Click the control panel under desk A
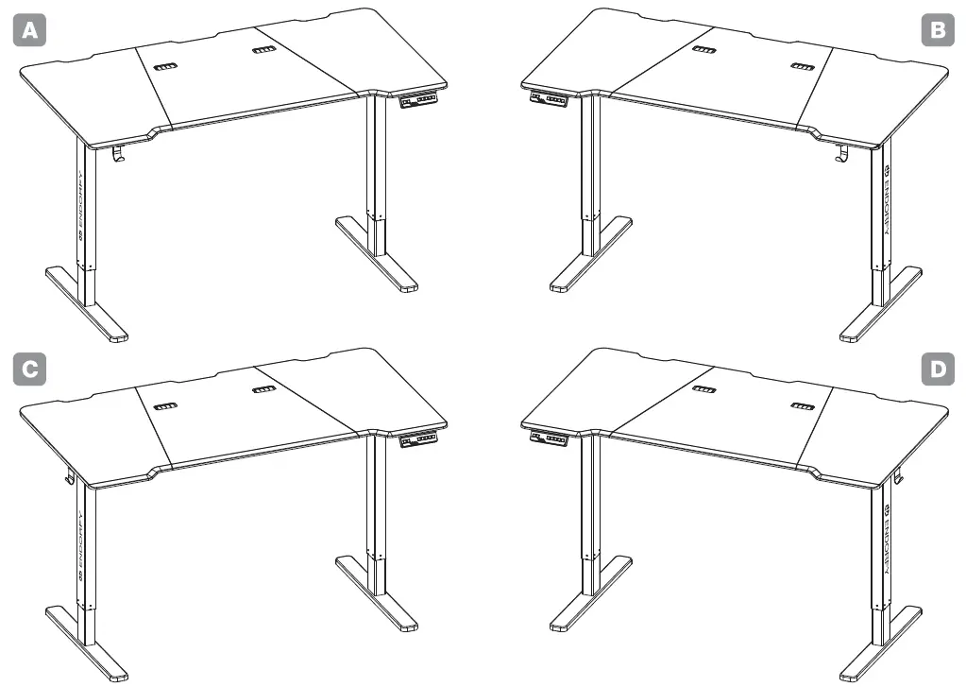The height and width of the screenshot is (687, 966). pos(420,99)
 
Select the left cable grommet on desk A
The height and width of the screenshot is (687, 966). pos(166,67)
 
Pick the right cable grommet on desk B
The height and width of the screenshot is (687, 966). pos(802,68)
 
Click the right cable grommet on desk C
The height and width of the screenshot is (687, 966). pos(263,389)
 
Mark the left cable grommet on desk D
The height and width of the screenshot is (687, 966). pos(703,388)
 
